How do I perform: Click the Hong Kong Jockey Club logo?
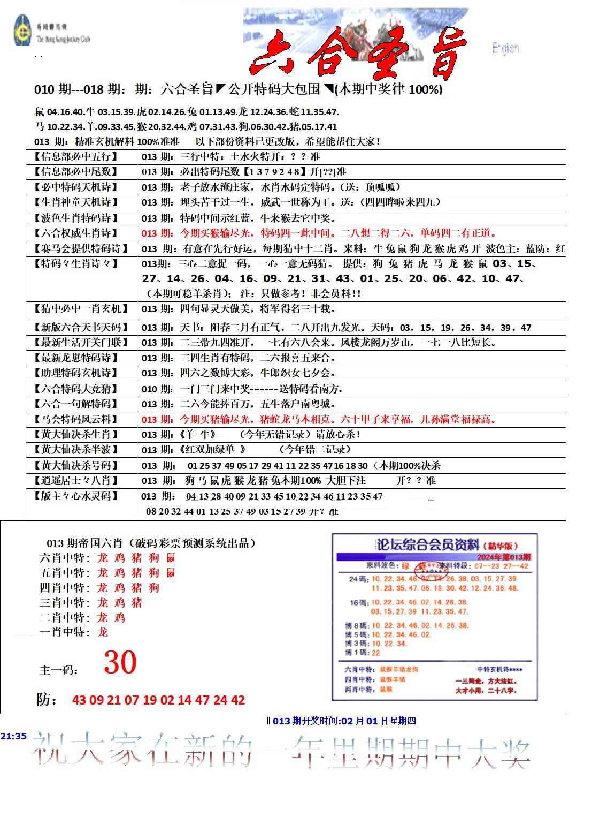click(x=23, y=31)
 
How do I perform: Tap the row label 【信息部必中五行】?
click(x=74, y=157)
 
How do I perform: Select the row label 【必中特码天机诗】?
click(x=74, y=187)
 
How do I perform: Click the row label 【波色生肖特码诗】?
click(x=74, y=218)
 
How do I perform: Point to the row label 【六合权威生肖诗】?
click(x=74, y=233)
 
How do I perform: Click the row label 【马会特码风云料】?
click(x=74, y=419)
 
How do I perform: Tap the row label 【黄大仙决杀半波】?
click(x=74, y=450)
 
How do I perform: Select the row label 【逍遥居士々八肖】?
click(x=74, y=480)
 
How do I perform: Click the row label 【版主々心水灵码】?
click(x=74, y=496)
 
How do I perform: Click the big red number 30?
click(x=120, y=663)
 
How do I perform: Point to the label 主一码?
click(x=58, y=670)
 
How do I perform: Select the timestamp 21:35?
click(x=13, y=736)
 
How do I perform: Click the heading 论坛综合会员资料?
click(x=428, y=545)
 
